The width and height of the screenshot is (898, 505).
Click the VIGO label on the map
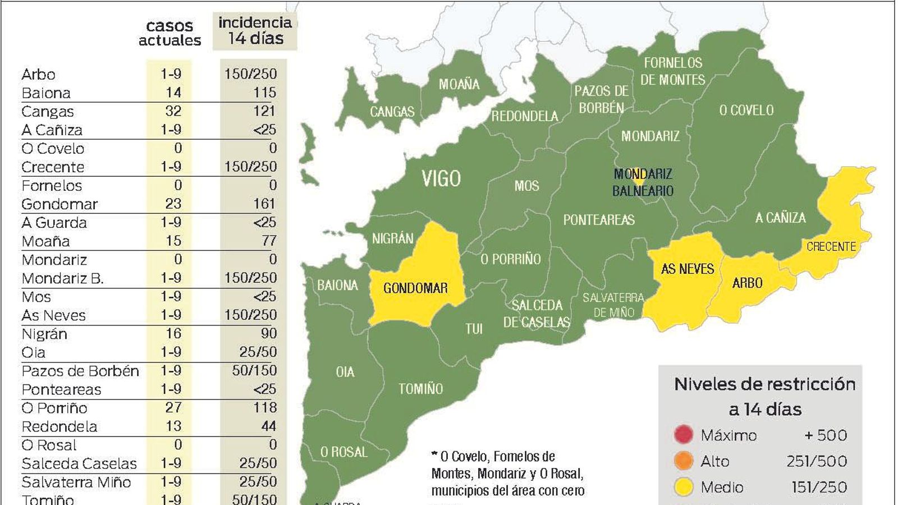click(441, 179)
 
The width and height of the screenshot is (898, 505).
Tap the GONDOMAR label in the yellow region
click(415, 288)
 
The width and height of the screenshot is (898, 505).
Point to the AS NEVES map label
click(687, 269)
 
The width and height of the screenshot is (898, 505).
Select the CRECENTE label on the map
click(831, 247)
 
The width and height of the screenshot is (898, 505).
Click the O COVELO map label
click(746, 111)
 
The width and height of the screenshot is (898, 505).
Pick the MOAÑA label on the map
click(459, 85)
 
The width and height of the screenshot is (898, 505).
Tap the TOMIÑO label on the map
click(420, 389)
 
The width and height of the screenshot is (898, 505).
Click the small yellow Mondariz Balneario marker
click(638, 181)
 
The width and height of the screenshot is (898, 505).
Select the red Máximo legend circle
click(683, 435)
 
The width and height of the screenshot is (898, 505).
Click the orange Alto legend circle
click(683, 461)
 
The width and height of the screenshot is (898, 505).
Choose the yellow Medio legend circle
click(683, 487)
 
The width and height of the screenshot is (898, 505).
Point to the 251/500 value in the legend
click(817, 461)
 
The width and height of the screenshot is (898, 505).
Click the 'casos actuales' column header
click(169, 33)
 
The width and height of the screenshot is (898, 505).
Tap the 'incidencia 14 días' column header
click(255, 31)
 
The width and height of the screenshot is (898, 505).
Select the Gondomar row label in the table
click(59, 204)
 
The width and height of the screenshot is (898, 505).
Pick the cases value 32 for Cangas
click(173, 111)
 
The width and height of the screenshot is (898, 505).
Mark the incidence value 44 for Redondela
click(268, 426)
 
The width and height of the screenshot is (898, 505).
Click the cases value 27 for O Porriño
click(173, 407)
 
